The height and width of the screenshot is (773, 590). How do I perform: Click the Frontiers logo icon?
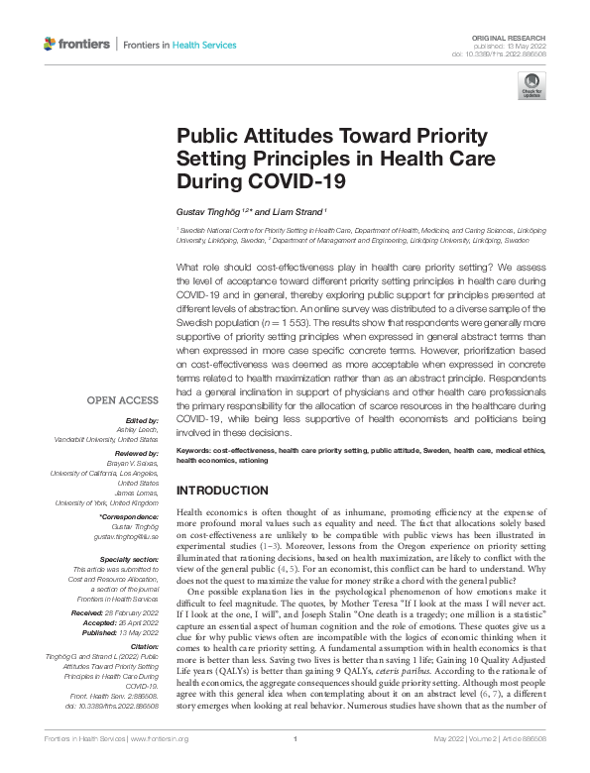pyautogui.click(x=51, y=45)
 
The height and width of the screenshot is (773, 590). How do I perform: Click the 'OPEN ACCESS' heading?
pyautogui.click(x=123, y=400)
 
